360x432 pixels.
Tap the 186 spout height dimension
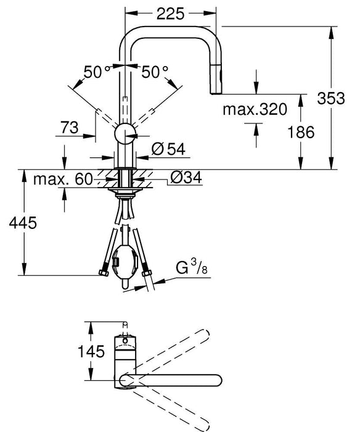pyautogui.click(x=301, y=131)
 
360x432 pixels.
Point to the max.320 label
pyautogui.click(x=255, y=110)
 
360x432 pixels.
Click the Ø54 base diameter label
pyautogui.click(x=166, y=148)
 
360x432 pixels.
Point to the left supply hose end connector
pyautogui.click(x=103, y=272)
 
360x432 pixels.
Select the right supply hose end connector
pyautogui.click(x=147, y=273)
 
